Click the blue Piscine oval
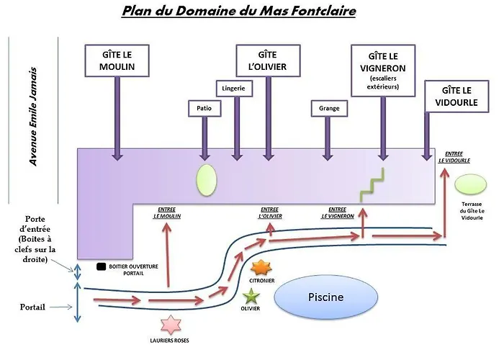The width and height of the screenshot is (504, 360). coord(326,297)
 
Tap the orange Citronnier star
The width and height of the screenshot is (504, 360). coord(261,268)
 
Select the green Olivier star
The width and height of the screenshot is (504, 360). coord(251,297)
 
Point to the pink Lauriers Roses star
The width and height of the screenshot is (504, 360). coord(171,325)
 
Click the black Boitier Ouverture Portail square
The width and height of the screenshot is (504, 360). coord(102,266)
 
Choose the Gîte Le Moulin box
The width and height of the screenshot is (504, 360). coord(117,60)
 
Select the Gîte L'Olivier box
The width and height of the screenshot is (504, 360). coord(268,60)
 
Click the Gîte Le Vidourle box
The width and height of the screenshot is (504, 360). coord(456,96)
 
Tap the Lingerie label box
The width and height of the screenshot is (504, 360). coord(234,89)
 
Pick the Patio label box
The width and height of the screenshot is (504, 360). coord(204,108)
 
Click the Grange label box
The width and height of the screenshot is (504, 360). coord(329,108)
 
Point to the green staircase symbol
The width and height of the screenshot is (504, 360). coord(372,185)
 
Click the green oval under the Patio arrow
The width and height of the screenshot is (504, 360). coord(207,180)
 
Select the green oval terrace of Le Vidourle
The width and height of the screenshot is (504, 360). coord(471,184)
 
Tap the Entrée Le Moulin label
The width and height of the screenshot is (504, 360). coord(167,213)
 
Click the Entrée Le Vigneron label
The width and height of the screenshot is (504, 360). coord(338,213)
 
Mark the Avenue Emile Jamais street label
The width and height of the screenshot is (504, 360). coord(33,117)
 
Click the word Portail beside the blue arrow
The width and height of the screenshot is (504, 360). coord(32,307)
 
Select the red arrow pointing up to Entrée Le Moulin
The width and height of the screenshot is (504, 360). coord(167,254)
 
